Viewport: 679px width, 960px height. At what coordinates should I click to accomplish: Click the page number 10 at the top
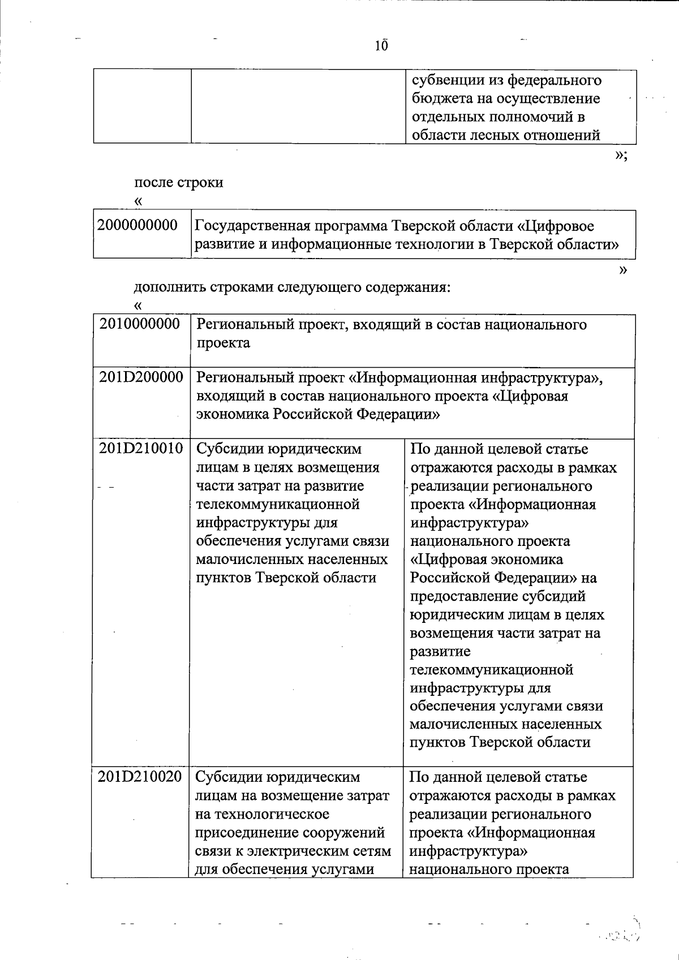[x=381, y=46]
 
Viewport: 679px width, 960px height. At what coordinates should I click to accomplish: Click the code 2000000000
[x=137, y=226]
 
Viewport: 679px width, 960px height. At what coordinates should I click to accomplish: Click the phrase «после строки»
[x=179, y=183]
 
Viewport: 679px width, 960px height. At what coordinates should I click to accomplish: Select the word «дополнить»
[x=169, y=287]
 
